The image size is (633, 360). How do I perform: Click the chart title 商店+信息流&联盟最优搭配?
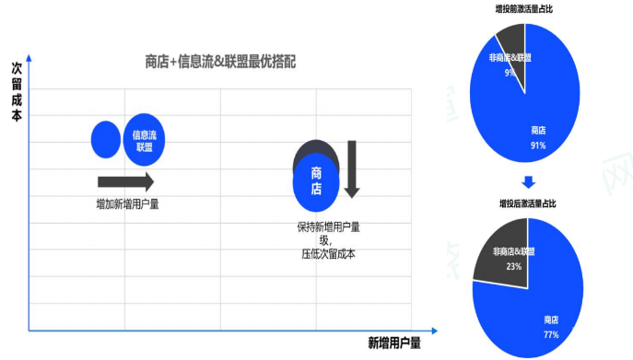coord(220,62)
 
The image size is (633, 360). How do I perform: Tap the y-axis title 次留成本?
coord(17,92)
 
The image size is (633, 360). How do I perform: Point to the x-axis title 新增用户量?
coord(393,343)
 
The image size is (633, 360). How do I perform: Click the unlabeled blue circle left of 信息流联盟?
coord(107,139)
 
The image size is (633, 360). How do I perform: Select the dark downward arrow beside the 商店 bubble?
coord(351,168)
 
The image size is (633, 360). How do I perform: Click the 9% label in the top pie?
coord(509,72)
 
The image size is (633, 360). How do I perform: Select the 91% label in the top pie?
coord(538,145)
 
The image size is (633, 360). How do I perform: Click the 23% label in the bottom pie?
coord(513,266)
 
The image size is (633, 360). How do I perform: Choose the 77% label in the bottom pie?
coord(551,334)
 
